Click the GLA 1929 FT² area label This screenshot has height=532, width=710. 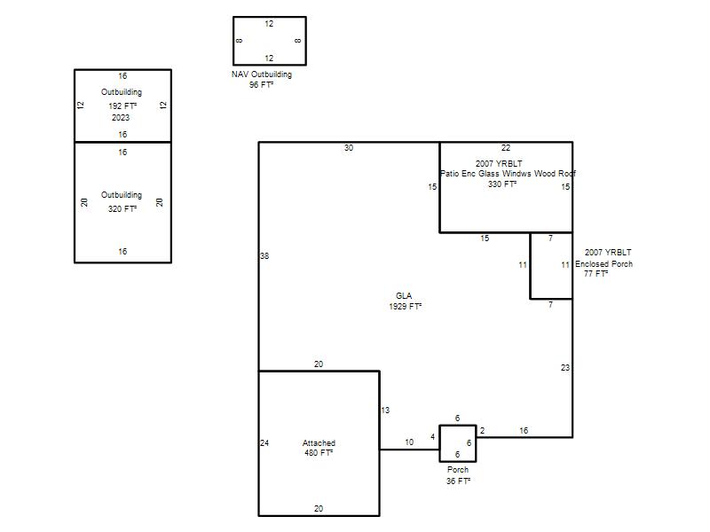pyautogui.click(x=405, y=301)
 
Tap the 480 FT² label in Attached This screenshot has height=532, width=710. pyautogui.click(x=319, y=453)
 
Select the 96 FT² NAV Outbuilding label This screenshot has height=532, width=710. pyautogui.click(x=261, y=84)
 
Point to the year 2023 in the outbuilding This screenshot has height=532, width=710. pyautogui.click(x=121, y=118)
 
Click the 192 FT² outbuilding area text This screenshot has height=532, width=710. pyautogui.click(x=122, y=106)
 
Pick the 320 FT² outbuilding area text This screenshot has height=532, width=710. pyautogui.click(x=122, y=208)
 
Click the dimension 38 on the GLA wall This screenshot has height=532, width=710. pyautogui.click(x=264, y=256)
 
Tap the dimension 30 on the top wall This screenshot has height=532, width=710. pyautogui.click(x=349, y=148)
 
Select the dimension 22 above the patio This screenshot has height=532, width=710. pyautogui.click(x=506, y=148)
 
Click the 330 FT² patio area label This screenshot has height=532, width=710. pyautogui.click(x=502, y=184)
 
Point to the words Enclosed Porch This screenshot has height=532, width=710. pyautogui.click(x=603, y=263)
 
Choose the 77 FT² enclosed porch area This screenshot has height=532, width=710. pyautogui.click(x=596, y=274)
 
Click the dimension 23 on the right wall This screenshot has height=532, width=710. pyautogui.click(x=565, y=368)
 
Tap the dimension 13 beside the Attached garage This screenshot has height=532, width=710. pyautogui.click(x=385, y=411)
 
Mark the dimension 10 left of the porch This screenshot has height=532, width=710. pyautogui.click(x=409, y=442)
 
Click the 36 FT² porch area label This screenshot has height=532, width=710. pyautogui.click(x=458, y=481)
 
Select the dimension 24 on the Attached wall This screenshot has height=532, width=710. pyautogui.click(x=264, y=442)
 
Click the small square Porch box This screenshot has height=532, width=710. pyautogui.click(x=458, y=426)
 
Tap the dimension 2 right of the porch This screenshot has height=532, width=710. pyautogui.click(x=482, y=431)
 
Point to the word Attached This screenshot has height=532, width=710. pyautogui.click(x=319, y=442)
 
